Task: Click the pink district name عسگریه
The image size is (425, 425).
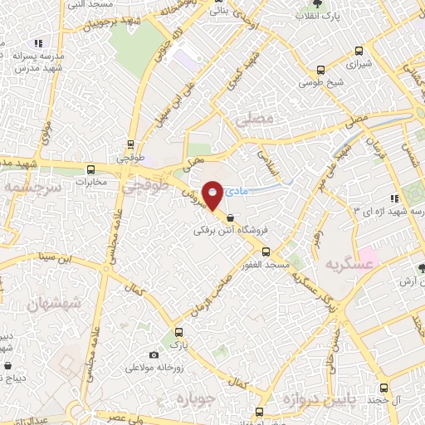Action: point(348,264)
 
